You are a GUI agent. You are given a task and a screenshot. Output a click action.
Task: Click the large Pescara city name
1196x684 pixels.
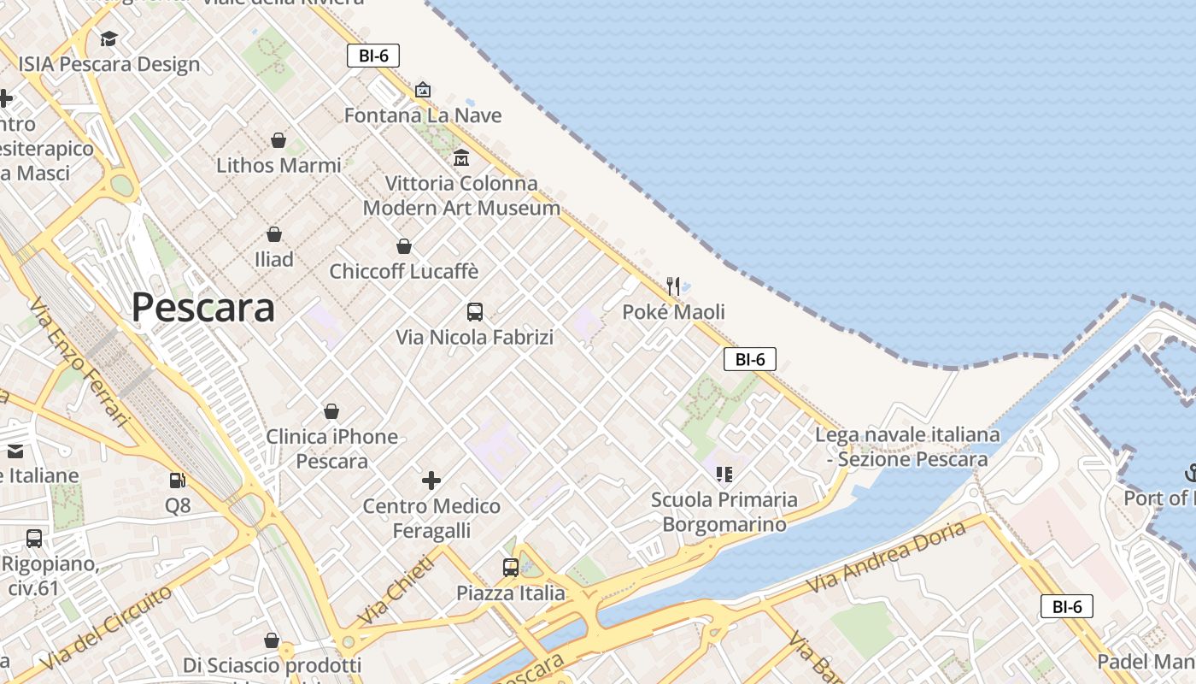(x=203, y=308)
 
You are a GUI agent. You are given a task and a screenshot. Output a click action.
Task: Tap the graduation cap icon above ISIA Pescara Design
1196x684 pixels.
(x=108, y=38)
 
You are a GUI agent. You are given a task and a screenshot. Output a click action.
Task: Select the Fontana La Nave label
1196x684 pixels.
(x=423, y=115)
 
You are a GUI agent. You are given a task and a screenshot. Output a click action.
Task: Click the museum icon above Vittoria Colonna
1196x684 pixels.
(x=461, y=157)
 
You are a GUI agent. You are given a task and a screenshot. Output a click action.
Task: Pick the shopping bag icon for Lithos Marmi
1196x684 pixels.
(x=278, y=139)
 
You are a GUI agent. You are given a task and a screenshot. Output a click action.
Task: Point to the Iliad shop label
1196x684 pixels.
(x=273, y=259)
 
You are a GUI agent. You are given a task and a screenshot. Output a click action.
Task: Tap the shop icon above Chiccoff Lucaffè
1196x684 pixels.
(x=404, y=246)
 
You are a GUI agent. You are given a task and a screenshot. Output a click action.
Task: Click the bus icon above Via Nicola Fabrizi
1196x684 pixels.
(x=475, y=312)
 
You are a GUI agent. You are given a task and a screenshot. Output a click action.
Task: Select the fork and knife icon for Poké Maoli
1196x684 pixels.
(x=673, y=286)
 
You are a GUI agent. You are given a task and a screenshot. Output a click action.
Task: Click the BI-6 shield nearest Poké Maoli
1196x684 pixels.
(x=749, y=359)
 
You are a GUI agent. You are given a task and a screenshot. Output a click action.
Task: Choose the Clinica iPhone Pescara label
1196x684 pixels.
(x=331, y=449)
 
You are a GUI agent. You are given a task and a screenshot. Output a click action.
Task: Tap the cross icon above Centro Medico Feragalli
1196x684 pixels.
(x=431, y=481)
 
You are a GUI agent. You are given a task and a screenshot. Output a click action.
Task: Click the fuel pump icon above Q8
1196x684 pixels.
(x=178, y=481)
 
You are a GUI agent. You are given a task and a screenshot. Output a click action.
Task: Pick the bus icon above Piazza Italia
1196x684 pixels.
(x=510, y=567)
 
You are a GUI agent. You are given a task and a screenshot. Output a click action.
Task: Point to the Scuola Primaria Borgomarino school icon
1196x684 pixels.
(x=724, y=474)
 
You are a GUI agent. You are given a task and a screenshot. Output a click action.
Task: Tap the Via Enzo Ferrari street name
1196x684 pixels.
(x=77, y=363)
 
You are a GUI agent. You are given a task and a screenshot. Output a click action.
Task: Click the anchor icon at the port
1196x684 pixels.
(x=1190, y=471)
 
